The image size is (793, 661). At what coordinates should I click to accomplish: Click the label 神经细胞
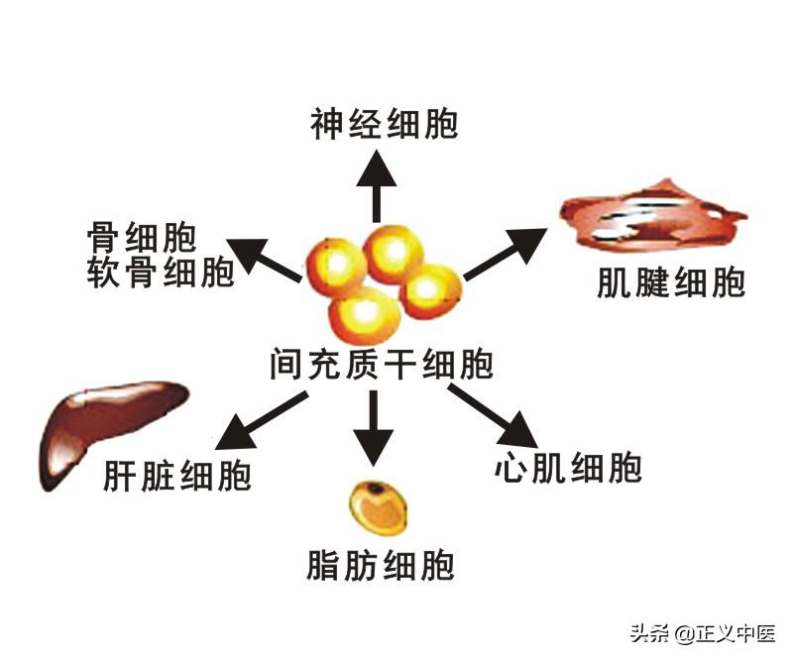click(384, 126)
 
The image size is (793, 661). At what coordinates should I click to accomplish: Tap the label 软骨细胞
click(161, 271)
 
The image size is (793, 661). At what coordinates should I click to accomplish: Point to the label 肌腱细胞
click(670, 284)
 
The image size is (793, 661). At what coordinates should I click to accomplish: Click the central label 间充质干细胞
click(381, 366)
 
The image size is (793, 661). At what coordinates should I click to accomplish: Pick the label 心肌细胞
click(568, 467)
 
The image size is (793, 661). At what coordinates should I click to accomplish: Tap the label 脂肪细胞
click(381, 567)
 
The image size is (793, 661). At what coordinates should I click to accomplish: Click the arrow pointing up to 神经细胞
click(377, 188)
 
